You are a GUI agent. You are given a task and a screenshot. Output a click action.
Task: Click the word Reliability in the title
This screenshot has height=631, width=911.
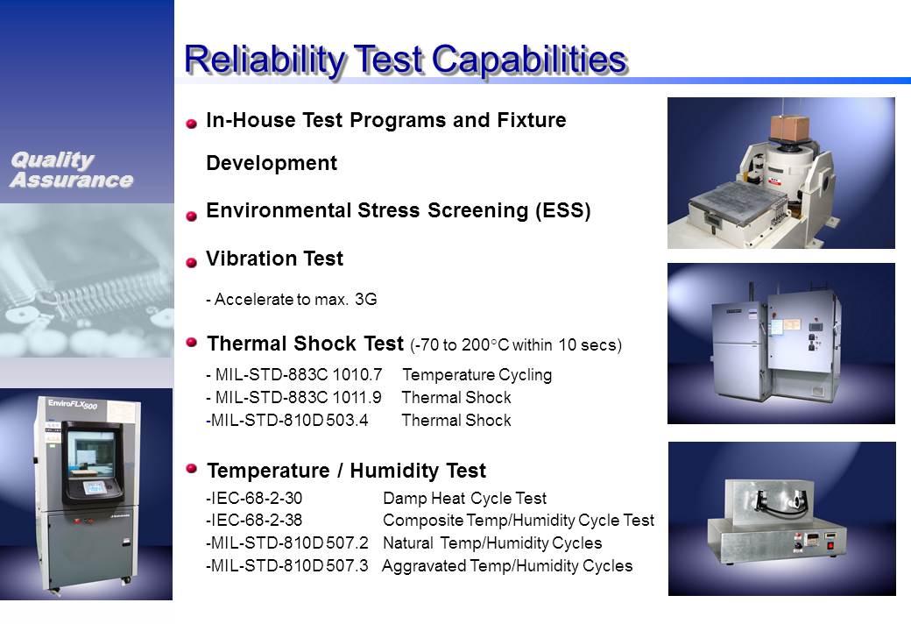(265, 60)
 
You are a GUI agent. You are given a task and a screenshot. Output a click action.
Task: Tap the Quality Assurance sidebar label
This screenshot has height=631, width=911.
(72, 170)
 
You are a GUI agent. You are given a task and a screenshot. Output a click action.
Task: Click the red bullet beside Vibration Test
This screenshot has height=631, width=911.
(191, 263)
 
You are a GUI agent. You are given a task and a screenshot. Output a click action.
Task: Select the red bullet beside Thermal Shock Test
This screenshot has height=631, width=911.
(192, 342)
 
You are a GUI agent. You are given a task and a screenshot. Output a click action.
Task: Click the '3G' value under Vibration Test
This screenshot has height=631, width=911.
(366, 299)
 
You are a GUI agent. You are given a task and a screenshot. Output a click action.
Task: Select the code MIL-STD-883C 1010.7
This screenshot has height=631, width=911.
(299, 375)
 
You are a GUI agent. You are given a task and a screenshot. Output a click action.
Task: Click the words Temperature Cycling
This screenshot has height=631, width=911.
(477, 375)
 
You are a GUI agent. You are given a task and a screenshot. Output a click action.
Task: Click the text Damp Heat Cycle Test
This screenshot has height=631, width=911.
(465, 499)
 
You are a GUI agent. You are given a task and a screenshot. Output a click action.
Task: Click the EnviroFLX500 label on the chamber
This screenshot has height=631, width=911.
(73, 404)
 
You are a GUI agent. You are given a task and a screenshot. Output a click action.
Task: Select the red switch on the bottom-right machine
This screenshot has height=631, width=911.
(830, 545)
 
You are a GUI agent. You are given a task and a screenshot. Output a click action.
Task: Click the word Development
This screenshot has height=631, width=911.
(272, 163)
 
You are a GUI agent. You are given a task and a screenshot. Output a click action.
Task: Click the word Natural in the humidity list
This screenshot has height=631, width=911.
(408, 543)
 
